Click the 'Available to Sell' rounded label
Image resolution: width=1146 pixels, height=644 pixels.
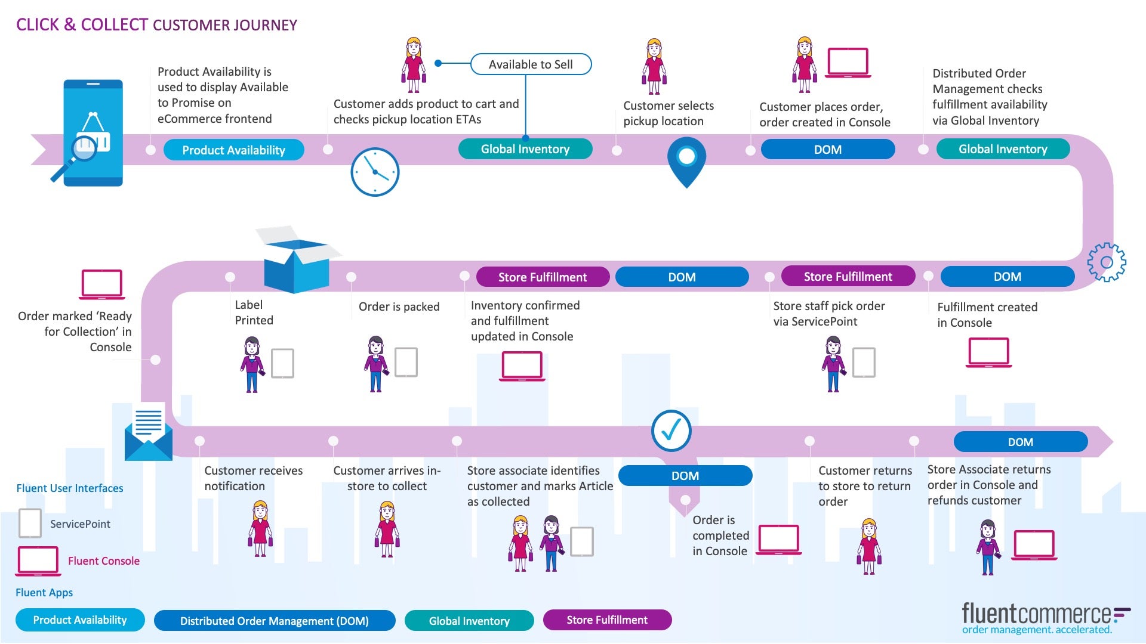531,64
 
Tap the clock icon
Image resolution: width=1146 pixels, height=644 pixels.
375,172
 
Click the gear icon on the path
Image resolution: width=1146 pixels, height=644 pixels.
1106,262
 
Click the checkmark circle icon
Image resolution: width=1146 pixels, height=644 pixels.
671,431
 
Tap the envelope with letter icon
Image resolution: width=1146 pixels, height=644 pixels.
148,433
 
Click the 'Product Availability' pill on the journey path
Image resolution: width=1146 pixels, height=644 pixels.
233,150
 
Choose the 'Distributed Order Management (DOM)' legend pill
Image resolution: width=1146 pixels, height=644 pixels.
275,621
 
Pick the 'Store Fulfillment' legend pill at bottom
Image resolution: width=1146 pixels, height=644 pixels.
607,620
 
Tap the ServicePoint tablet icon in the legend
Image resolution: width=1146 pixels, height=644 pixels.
30,523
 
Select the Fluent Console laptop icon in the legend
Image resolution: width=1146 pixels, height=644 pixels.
38,561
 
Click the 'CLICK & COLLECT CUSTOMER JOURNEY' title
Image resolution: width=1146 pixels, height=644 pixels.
156,25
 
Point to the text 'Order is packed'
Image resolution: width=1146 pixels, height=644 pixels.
399,306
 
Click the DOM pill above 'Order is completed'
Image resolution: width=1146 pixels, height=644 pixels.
685,476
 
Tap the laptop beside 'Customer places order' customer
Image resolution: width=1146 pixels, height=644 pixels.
848,63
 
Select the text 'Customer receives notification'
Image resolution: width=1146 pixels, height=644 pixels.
253,478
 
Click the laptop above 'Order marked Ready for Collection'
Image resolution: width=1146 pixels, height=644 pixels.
102,284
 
